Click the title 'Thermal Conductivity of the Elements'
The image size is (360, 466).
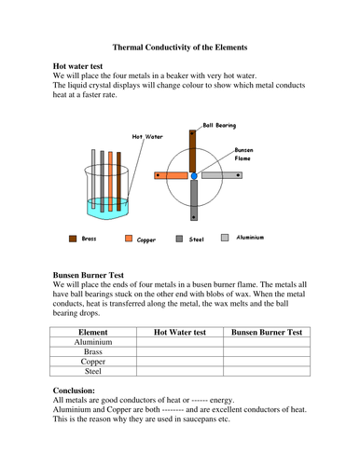click(180, 46)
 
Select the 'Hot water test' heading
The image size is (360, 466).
click(83, 67)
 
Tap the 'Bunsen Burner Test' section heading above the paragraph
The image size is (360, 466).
click(97, 276)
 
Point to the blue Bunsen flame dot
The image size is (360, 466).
click(194, 175)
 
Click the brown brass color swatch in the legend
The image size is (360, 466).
click(74, 239)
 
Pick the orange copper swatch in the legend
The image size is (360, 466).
click(130, 239)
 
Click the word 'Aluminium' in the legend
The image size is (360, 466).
click(250, 238)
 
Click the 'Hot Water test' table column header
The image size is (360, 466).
click(179, 332)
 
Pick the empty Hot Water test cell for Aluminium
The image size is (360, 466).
click(179, 342)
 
